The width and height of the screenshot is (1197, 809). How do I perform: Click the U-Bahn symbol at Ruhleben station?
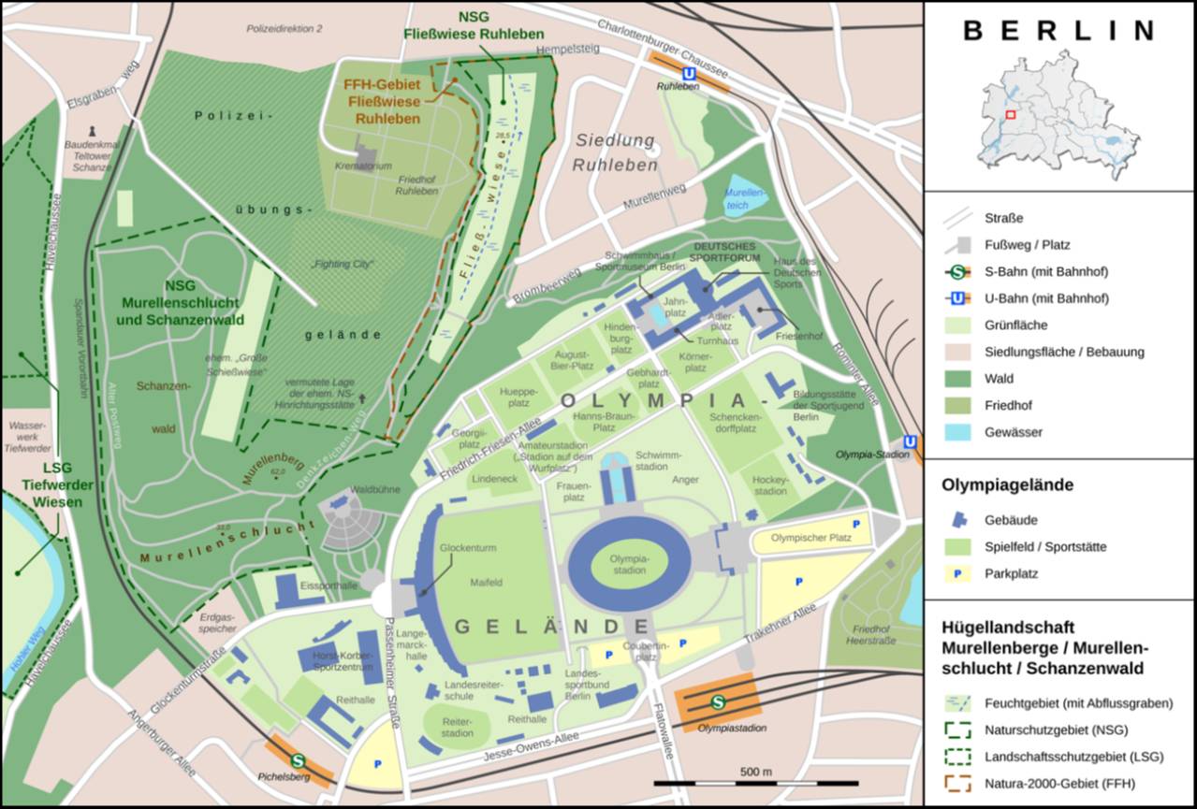[689, 74]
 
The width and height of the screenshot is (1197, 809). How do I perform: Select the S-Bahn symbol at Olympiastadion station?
[718, 702]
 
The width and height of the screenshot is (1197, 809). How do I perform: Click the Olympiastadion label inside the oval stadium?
[628, 564]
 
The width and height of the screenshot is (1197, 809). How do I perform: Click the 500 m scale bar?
[755, 782]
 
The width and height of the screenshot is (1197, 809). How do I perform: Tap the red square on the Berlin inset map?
[1011, 114]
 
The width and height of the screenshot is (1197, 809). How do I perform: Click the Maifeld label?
[486, 582]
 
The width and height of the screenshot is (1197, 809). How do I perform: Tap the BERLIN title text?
[1058, 31]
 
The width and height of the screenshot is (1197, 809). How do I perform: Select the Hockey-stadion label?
[770, 484]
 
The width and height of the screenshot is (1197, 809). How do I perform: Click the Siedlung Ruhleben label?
[615, 152]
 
